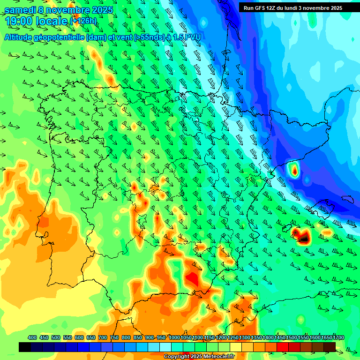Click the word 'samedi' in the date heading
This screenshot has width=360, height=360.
coord(22,9)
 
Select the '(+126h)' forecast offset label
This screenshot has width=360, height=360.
coord(83,21)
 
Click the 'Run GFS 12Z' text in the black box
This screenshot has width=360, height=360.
coord(261,8)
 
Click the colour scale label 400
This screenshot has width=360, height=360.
coord(32,337)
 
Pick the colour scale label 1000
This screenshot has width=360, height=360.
coord(174,337)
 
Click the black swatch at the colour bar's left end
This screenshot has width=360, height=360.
coord(25,347)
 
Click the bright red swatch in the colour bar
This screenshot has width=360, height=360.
coord(283,347)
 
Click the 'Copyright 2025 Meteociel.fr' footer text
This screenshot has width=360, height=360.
coord(199,357)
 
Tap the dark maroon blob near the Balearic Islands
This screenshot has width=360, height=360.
coord(304,238)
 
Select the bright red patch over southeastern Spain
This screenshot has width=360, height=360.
coord(193,278)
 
